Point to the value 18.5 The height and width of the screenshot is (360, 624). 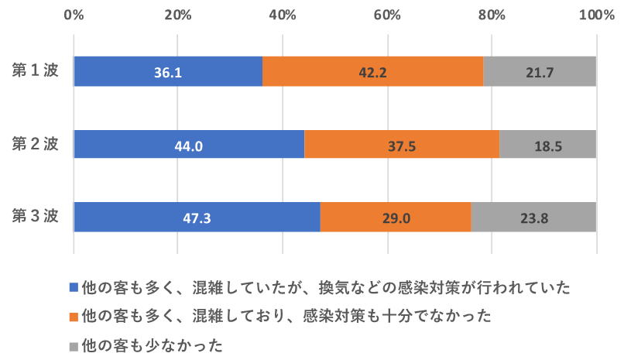point(547,145)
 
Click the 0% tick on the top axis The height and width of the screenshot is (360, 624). point(74,15)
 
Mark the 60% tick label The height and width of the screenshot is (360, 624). point(387,15)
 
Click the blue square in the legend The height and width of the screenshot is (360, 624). point(74,287)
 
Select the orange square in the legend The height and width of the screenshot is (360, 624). point(74,316)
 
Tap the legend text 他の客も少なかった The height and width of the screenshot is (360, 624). point(153,344)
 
